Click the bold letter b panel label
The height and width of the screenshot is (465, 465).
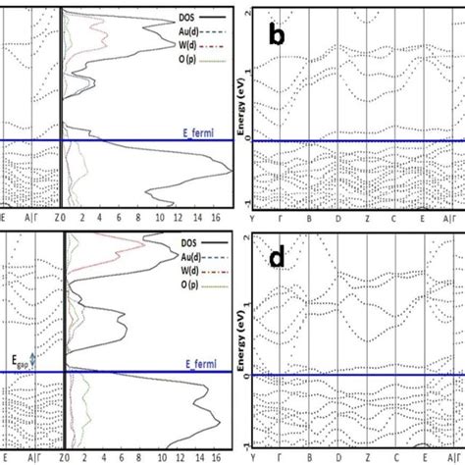pyautogui.click(x=280, y=35)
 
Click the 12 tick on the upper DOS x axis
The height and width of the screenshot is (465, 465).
pyautogui.click(x=178, y=219)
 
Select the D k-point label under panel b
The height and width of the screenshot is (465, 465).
pyautogui.click(x=336, y=221)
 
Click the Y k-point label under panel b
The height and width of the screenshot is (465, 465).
pyautogui.click(x=254, y=221)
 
